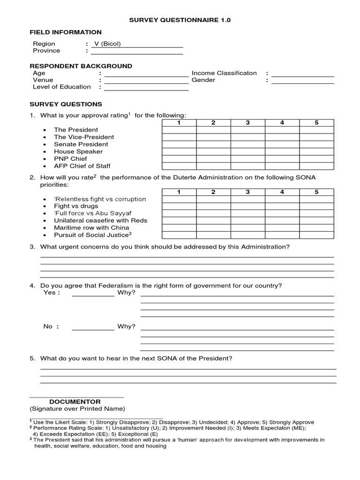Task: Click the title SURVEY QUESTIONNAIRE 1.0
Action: coord(180,21)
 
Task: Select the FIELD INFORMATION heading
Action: coord(66,32)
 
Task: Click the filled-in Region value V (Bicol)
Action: coord(107,44)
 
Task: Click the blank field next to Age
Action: coord(146,74)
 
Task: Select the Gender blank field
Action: coord(303,81)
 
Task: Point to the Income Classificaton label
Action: coord(224,73)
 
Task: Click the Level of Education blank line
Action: coord(146,87)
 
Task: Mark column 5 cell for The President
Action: coord(316,130)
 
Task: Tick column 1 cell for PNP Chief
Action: coord(179,159)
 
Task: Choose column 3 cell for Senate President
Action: coord(247,144)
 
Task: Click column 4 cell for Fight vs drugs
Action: coord(282,206)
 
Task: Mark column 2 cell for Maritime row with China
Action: coord(213,228)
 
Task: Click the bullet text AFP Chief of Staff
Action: coord(82,166)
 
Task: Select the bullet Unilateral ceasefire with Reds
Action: coord(100,220)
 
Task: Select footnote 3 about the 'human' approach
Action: coord(178,443)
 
